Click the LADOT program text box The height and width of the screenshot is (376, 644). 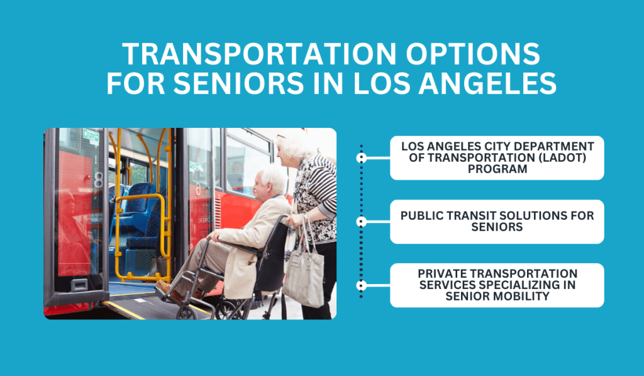point(497,157)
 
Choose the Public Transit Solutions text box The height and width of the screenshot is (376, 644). point(497,221)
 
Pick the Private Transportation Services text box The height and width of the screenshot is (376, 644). point(497,285)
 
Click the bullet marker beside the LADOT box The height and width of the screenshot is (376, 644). point(361,157)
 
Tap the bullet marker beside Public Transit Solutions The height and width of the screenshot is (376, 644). point(361,221)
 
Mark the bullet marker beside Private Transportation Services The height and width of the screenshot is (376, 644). point(361,285)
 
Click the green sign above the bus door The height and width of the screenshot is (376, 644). point(91,135)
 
